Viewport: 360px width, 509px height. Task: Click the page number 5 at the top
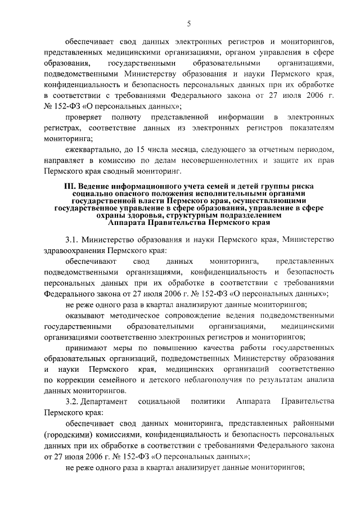click(x=190, y=23)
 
